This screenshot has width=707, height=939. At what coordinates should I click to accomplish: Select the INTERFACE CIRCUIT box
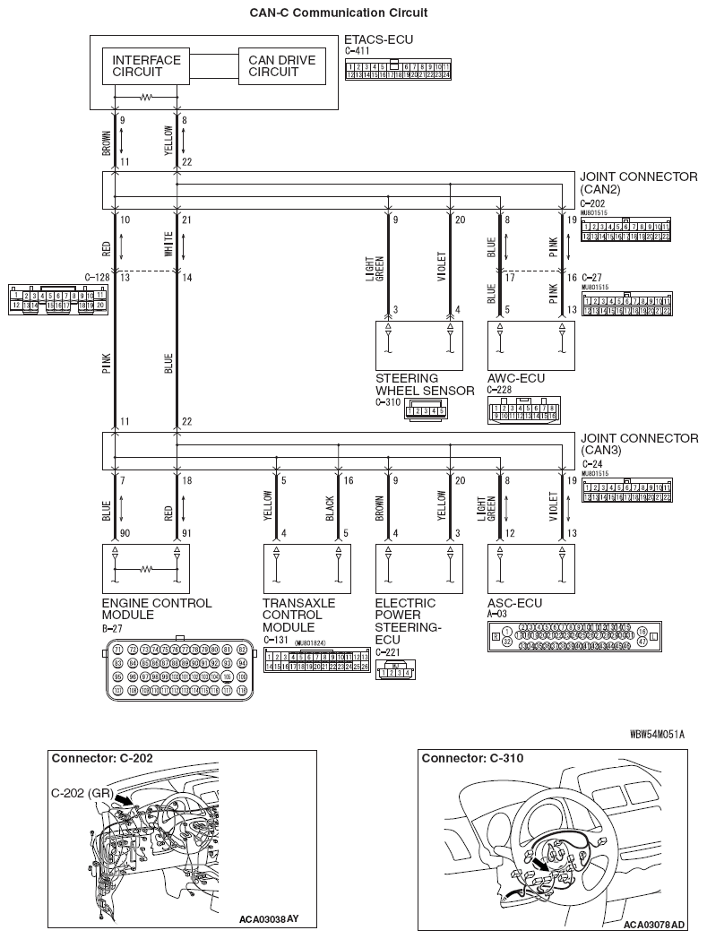[146, 66]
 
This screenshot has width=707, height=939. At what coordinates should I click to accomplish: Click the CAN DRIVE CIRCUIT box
[281, 66]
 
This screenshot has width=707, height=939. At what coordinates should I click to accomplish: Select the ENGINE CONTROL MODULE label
[157, 609]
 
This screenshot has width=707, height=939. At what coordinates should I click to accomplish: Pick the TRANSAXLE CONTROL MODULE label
[298, 615]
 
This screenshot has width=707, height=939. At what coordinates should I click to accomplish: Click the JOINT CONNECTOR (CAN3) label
[638, 444]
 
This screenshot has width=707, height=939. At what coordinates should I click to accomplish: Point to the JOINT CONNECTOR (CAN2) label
[638, 184]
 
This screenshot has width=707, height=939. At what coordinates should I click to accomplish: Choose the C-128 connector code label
[97, 278]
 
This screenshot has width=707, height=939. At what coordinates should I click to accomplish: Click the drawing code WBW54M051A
[657, 734]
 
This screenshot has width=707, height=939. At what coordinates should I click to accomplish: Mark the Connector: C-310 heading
[472, 759]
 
